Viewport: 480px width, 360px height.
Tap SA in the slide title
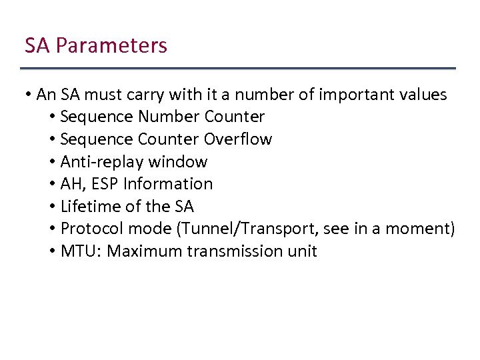37,46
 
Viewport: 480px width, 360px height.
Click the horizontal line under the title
238,69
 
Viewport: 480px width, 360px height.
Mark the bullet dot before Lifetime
52,207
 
